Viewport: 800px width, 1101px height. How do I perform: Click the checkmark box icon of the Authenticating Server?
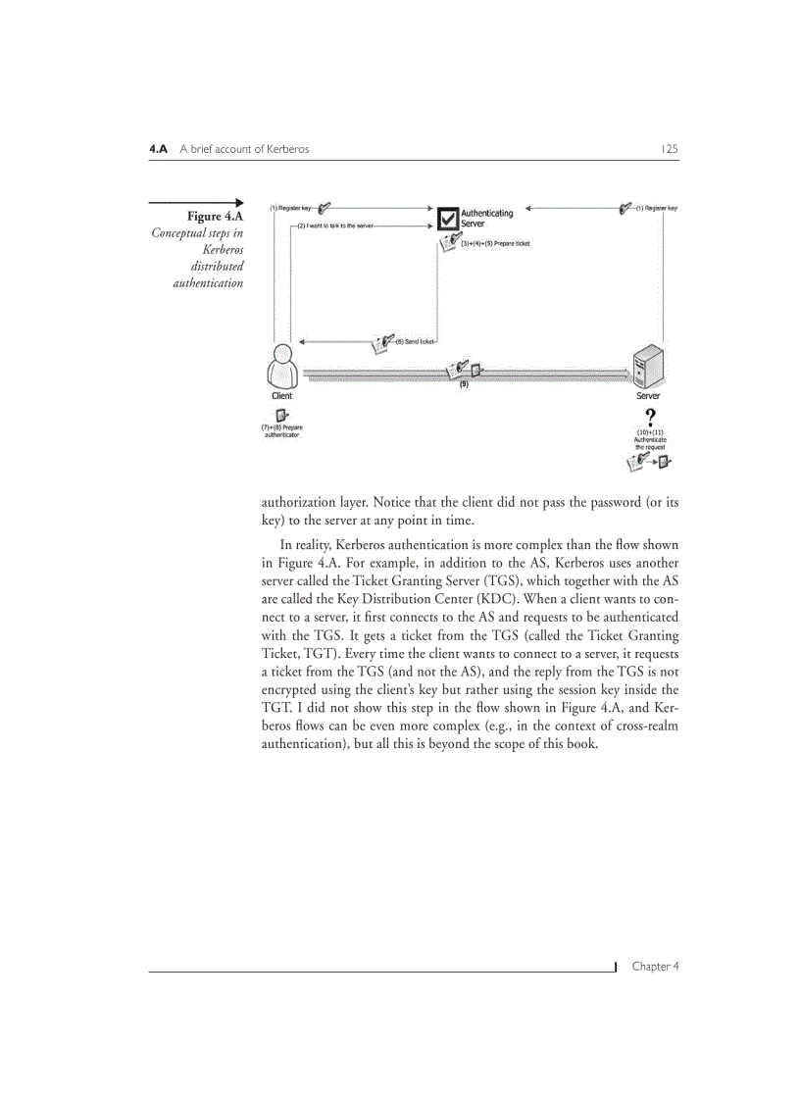tap(447, 219)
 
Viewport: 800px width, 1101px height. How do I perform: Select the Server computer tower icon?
tap(649, 367)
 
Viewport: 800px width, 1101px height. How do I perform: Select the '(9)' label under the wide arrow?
tap(464, 384)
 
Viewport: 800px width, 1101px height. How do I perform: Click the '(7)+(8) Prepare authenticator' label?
tap(281, 431)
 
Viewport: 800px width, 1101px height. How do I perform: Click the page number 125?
tap(670, 149)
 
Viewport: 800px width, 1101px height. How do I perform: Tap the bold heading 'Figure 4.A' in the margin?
tap(216, 216)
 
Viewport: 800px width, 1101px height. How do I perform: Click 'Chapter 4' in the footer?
tap(655, 966)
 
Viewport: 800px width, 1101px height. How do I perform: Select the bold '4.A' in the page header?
tap(159, 149)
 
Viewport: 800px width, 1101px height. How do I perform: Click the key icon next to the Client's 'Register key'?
tap(325, 207)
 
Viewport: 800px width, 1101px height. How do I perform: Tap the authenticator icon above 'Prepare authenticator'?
tap(280, 417)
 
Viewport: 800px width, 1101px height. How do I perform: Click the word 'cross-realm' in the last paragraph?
tap(642, 725)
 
